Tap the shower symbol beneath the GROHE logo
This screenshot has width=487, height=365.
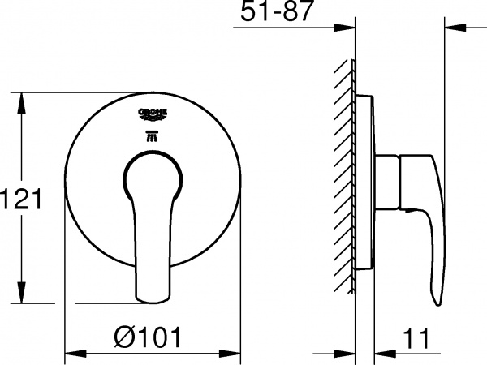(x=153, y=134)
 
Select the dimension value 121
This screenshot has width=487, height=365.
(x=20, y=198)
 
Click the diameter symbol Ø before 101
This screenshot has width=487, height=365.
(x=121, y=334)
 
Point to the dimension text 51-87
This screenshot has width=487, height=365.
(x=278, y=13)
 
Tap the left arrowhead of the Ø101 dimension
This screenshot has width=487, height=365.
(x=71, y=354)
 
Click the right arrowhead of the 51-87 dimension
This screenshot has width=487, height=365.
(x=450, y=30)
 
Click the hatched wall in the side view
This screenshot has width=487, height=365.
(x=345, y=178)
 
